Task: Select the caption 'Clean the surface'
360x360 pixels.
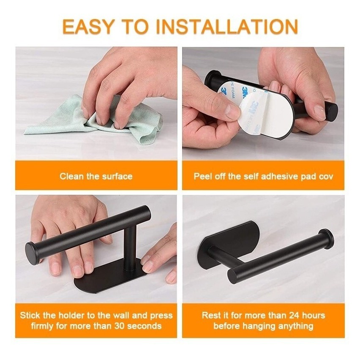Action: point(96,176)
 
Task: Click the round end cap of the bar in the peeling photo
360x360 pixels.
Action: point(333,112)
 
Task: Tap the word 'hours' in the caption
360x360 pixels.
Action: point(314,315)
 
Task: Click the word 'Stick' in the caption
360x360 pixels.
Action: point(30,315)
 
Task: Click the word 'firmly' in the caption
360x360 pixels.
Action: point(42,326)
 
